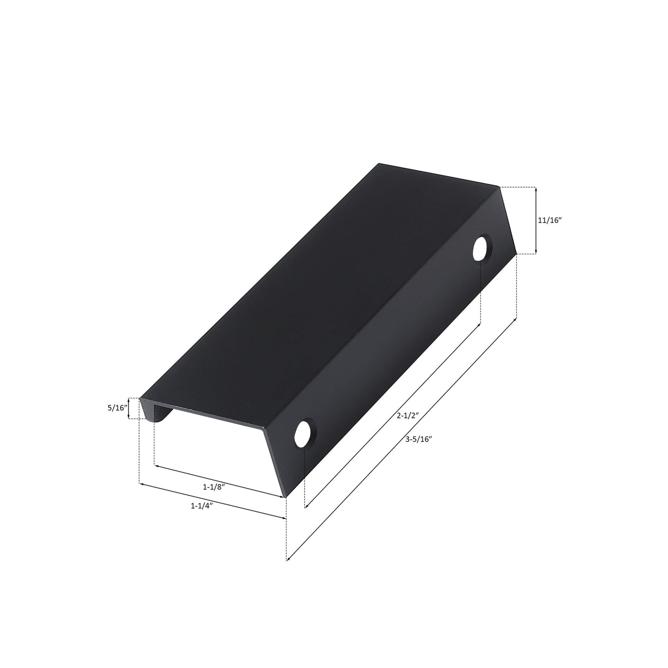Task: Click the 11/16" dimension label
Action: point(549,221)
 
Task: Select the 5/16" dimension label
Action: point(116,408)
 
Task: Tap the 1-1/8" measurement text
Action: point(214,487)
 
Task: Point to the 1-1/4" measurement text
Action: point(202,506)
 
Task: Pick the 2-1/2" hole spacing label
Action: point(407,416)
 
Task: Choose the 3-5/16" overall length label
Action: point(418,440)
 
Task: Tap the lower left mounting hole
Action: point(305,433)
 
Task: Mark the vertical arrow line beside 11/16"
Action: point(535,221)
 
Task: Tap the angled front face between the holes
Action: point(393,347)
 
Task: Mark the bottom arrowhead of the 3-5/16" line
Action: point(288,560)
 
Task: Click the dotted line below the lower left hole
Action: point(305,476)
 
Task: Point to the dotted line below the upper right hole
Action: point(481,291)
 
